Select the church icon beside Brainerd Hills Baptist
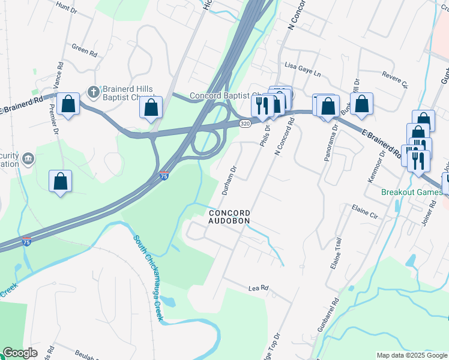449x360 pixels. pyautogui.click(x=92, y=92)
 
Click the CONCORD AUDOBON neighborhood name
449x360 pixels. pyautogui.click(x=229, y=217)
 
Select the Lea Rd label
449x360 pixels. pyautogui.click(x=258, y=289)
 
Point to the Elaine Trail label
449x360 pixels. pyautogui.click(x=335, y=253)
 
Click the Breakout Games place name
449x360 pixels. pyautogui.click(x=412, y=193)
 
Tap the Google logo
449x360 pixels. pyautogui.click(x=20, y=353)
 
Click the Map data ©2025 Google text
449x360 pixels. pyautogui.click(x=411, y=355)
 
